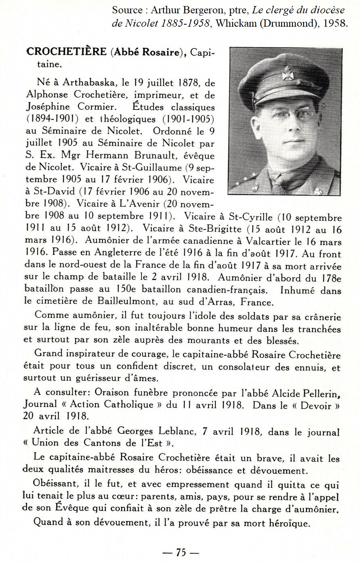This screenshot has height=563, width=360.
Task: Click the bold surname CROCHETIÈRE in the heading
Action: [x=66, y=52]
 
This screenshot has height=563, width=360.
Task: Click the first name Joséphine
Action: [x=48, y=107]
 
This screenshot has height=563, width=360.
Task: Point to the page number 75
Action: [x=180, y=552]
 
